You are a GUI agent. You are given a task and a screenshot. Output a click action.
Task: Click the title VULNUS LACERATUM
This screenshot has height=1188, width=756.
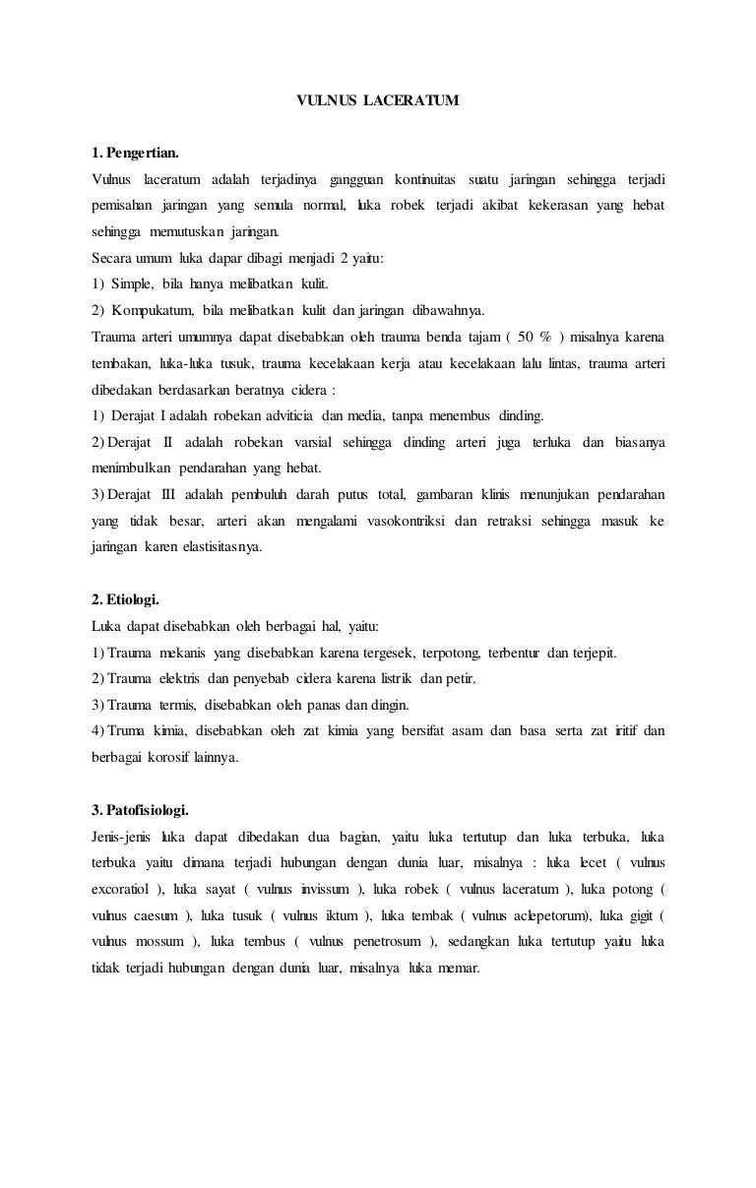coord(378,100)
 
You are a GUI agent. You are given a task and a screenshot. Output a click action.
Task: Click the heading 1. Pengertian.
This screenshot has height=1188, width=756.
coord(135,154)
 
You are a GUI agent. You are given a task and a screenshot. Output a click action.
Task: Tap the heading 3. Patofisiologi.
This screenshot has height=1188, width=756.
coord(140,810)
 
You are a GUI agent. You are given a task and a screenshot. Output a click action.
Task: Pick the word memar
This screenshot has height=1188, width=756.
coord(459,968)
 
